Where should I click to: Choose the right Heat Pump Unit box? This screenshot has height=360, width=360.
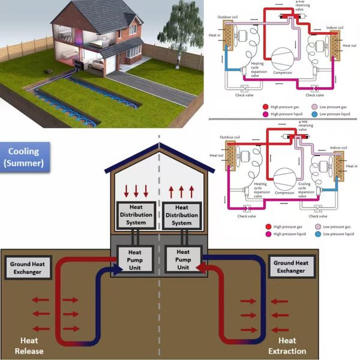183,259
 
